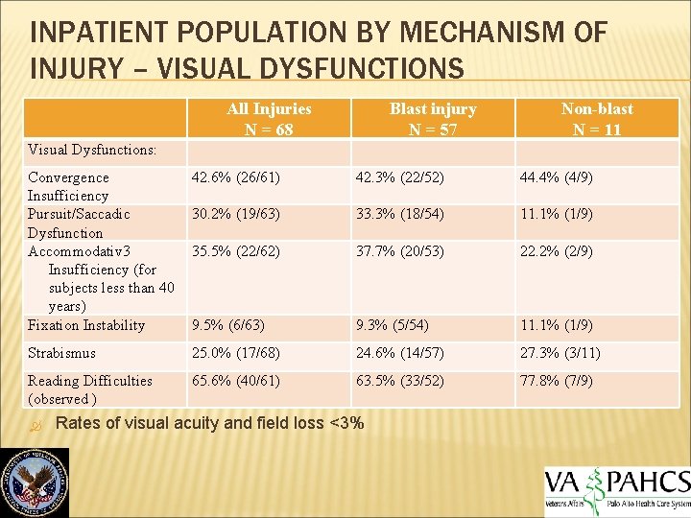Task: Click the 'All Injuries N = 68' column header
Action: (x=269, y=120)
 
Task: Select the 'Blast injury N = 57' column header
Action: (x=433, y=120)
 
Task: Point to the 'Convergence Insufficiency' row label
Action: (x=69, y=186)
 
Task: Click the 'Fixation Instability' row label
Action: (x=86, y=325)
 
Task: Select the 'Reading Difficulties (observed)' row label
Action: (x=90, y=389)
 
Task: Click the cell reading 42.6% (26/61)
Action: (x=236, y=177)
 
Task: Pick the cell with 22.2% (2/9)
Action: (x=557, y=250)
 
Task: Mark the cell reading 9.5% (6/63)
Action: (x=228, y=325)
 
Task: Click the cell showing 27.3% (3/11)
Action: (x=560, y=353)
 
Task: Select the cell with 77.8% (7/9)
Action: (x=557, y=381)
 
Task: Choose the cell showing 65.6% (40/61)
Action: (x=236, y=381)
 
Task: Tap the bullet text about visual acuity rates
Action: (x=210, y=424)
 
